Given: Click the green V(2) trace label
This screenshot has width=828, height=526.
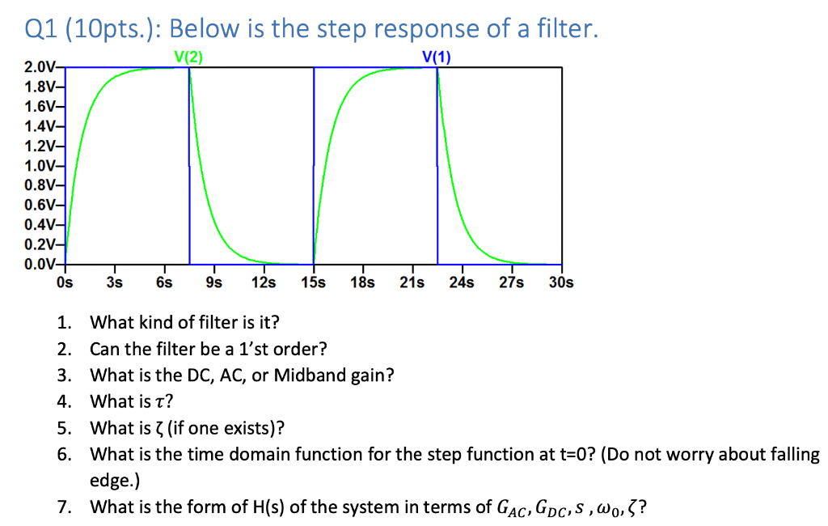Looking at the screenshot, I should tap(188, 57).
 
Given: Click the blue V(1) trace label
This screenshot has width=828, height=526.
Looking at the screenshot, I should tap(437, 57).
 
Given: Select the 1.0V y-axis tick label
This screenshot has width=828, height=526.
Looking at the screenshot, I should tap(40, 166).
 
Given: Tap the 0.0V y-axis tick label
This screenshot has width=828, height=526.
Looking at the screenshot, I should tap(40, 265).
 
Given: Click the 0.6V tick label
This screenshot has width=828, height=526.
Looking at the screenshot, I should tap(40, 206).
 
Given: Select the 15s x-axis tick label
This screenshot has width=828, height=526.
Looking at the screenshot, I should tap(313, 283).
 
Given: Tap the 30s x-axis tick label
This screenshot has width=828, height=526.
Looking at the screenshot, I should tap(561, 283).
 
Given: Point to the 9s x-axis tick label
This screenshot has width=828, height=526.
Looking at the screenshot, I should tap(214, 283).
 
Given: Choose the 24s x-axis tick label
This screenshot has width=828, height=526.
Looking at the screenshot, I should tap(462, 283).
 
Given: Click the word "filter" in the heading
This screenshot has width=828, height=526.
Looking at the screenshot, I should tap(563, 30).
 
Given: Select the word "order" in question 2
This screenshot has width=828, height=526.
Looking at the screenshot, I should tap(303, 349).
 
